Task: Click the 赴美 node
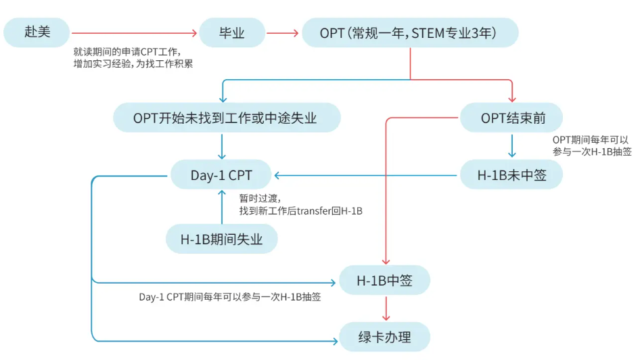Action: click(x=37, y=32)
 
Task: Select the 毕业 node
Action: click(x=231, y=32)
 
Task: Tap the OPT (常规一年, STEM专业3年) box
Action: click(x=410, y=32)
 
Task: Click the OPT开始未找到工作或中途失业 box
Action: click(x=227, y=118)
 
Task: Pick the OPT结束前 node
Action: click(x=511, y=118)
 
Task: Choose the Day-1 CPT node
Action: click(x=221, y=175)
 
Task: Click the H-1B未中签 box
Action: click(x=511, y=175)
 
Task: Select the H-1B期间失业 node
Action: click(x=222, y=239)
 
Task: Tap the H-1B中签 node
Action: click(x=384, y=280)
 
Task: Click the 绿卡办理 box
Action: click(x=384, y=337)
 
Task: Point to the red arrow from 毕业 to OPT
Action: click(x=282, y=33)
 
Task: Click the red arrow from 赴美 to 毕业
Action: click(x=134, y=33)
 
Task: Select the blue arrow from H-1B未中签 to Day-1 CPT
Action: click(x=366, y=175)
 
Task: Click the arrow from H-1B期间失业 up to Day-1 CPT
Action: click(x=222, y=207)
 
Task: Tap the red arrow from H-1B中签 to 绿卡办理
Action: click(x=386, y=308)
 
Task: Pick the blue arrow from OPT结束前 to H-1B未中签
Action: click(x=512, y=145)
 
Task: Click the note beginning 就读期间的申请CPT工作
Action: click(x=133, y=58)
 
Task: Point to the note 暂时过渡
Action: click(x=301, y=204)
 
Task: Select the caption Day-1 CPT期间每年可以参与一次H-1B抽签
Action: click(x=230, y=297)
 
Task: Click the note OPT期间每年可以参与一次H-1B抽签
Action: click(x=592, y=145)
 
